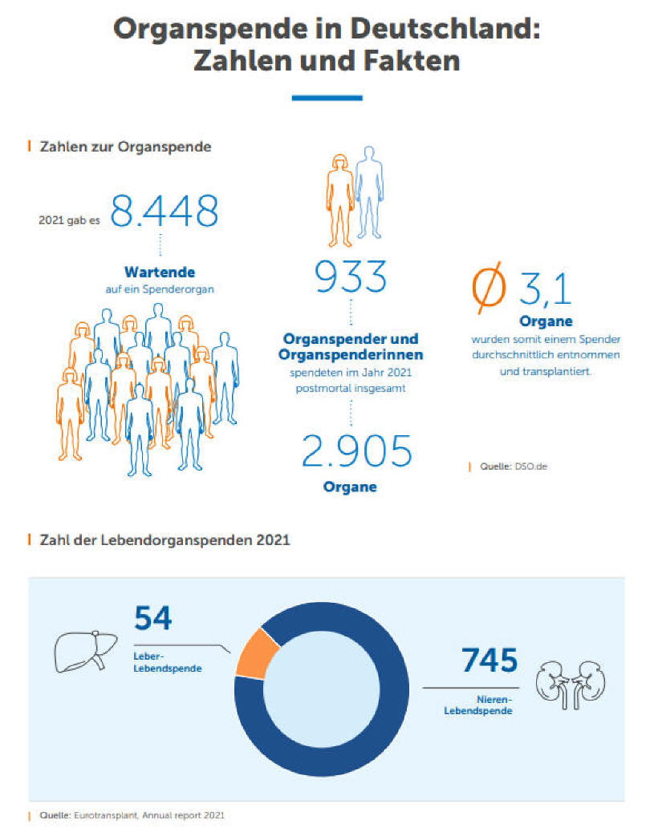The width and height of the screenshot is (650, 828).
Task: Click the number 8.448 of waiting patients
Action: (x=164, y=210)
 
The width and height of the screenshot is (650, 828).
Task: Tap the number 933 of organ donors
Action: (x=350, y=277)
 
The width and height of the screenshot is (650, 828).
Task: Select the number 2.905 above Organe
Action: (x=356, y=452)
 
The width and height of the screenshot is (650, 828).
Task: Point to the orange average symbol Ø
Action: (x=488, y=289)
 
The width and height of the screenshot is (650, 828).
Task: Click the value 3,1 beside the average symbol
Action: (x=545, y=289)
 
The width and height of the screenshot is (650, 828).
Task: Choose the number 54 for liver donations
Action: (x=153, y=619)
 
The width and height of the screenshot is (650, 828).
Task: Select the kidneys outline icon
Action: (x=571, y=684)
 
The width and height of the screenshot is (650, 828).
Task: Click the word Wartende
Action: (x=160, y=272)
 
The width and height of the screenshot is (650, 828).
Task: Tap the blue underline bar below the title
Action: (x=327, y=98)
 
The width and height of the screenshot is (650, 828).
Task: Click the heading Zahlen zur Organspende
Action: (x=125, y=147)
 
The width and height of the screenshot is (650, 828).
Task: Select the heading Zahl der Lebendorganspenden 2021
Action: (x=165, y=540)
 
